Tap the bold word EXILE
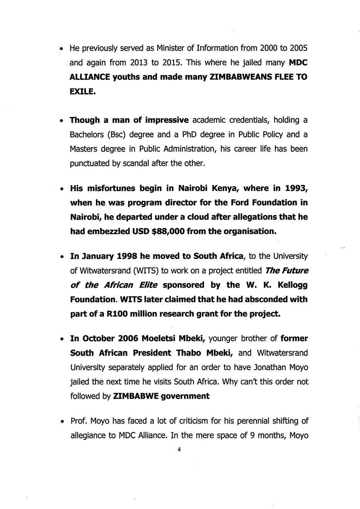(82, 92)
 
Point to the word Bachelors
(87, 135)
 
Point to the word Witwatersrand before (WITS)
(104, 271)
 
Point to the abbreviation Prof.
(79, 421)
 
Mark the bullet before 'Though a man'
(62, 121)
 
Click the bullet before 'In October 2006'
(62, 339)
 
